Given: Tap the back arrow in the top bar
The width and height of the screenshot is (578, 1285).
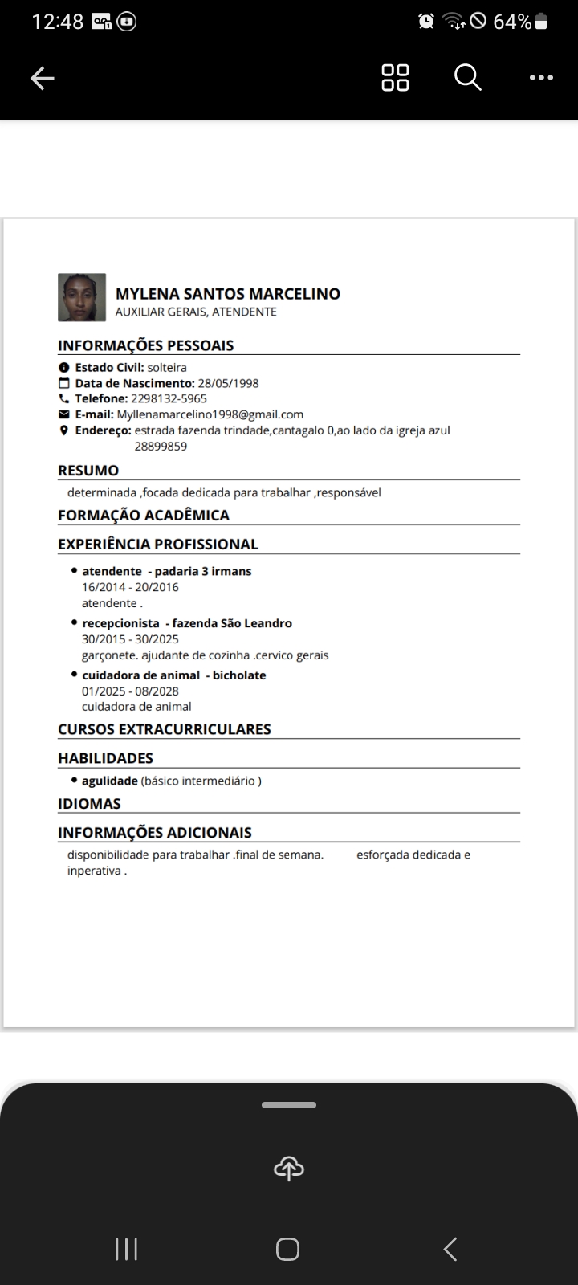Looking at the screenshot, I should (42, 78).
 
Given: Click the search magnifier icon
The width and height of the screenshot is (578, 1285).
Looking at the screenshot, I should (467, 78).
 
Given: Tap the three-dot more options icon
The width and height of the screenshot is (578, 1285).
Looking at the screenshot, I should (541, 78).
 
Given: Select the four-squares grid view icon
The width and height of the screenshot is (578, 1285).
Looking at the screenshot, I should (395, 78).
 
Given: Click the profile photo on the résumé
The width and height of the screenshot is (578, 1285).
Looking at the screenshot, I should (82, 297).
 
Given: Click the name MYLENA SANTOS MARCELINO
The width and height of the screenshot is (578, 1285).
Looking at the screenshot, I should (228, 294).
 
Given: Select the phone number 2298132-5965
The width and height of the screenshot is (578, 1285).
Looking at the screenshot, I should (169, 398).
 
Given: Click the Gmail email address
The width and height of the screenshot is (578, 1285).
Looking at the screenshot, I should (210, 414).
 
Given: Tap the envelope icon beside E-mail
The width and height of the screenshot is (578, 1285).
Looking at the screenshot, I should (64, 414).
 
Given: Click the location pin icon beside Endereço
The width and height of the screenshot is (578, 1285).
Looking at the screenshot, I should (64, 430).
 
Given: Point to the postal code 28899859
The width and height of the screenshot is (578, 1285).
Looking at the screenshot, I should (161, 447).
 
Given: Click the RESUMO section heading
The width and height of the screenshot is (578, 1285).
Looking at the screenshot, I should (88, 471).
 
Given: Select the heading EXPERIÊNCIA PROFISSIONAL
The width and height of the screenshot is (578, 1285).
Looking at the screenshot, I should (158, 544).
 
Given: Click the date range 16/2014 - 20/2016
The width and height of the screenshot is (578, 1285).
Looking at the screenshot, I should (130, 587).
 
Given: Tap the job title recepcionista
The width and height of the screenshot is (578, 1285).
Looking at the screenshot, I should (120, 623).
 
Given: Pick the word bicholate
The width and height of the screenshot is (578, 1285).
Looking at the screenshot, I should (239, 675).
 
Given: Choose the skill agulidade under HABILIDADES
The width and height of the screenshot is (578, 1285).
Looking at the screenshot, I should (110, 781).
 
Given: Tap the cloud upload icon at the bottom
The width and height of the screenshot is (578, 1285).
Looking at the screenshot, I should (289, 1169).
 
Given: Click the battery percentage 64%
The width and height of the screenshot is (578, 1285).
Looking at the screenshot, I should (512, 22).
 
